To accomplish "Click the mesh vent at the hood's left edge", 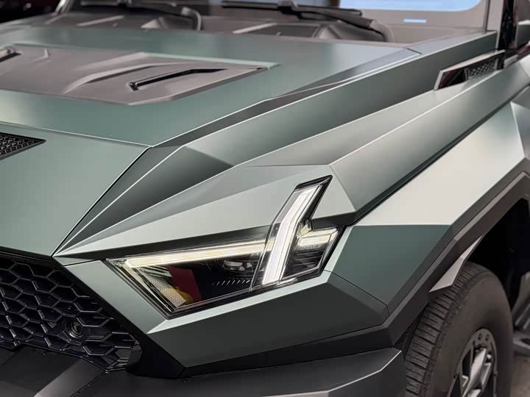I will tap(16, 143).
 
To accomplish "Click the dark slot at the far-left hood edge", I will tap(7, 54).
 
